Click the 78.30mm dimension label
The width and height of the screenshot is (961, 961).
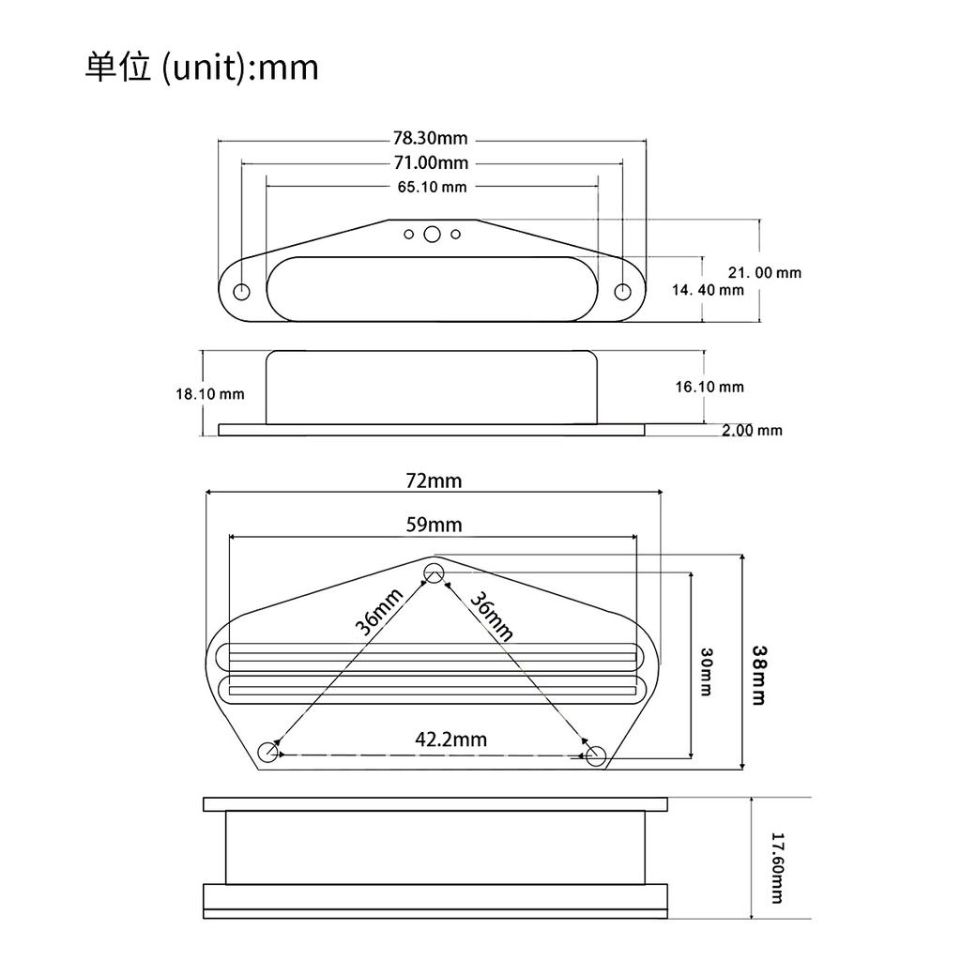coord(430,139)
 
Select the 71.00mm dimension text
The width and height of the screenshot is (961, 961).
coord(431,163)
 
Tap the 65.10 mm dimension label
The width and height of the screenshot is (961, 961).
coord(432,187)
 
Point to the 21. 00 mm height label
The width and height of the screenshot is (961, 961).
coord(764,273)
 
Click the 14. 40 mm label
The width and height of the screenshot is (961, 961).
coord(708,290)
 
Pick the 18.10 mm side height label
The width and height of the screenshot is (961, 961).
coord(210,394)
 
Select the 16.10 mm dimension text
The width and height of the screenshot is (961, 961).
coord(709,387)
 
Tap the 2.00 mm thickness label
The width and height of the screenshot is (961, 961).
coord(752,430)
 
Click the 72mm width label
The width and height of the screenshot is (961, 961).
coord(434,481)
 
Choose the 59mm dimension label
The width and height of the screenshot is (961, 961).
coord(434,525)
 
